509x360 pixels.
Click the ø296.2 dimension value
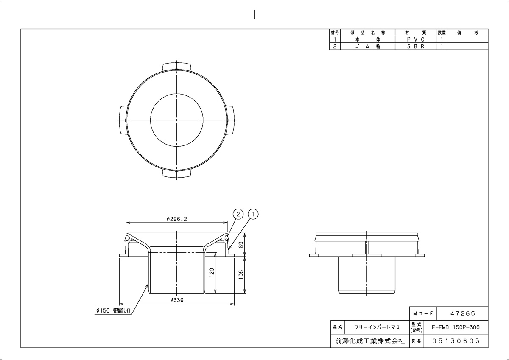click(176, 219)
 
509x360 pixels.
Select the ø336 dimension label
click(176, 300)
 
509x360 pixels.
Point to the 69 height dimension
click(241, 245)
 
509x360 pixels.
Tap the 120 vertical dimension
click(212, 273)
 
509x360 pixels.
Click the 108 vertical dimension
click(241, 275)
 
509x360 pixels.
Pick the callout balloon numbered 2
click(238, 214)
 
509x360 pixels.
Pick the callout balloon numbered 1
click(253, 214)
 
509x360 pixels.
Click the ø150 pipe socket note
click(113, 310)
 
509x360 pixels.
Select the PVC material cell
click(416, 39)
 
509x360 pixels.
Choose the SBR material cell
click(416, 46)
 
